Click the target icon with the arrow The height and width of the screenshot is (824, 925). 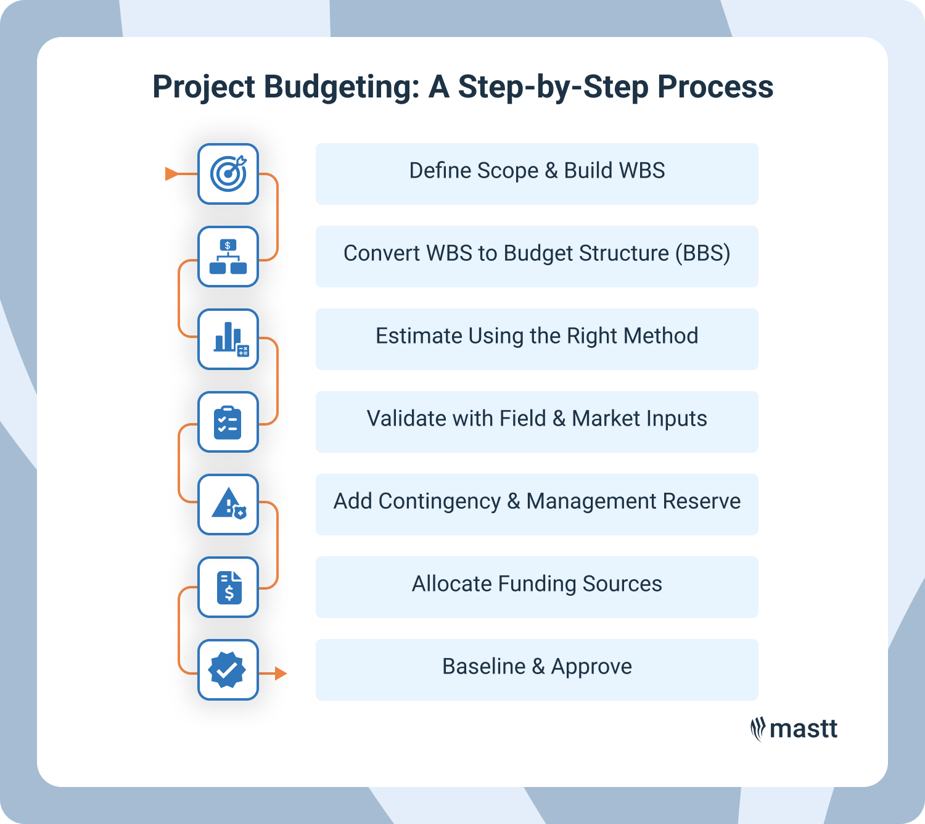click(x=228, y=174)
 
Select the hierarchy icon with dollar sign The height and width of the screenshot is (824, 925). click(x=228, y=257)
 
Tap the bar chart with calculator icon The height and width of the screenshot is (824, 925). click(x=228, y=339)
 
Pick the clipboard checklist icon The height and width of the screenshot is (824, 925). click(x=228, y=422)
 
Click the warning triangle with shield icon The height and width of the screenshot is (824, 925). click(x=228, y=505)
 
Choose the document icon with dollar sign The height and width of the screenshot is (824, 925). click(x=228, y=587)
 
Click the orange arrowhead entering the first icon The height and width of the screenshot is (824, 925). click(x=172, y=174)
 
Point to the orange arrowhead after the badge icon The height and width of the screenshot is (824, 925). click(x=281, y=673)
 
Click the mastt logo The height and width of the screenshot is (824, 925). click(x=794, y=729)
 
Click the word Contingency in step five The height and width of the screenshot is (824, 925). click(x=439, y=501)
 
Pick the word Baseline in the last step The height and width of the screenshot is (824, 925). click(x=483, y=667)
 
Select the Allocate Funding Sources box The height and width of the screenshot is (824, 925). click(x=536, y=587)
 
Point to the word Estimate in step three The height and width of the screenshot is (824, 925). click(x=419, y=336)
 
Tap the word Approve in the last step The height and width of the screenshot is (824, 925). click(x=591, y=667)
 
